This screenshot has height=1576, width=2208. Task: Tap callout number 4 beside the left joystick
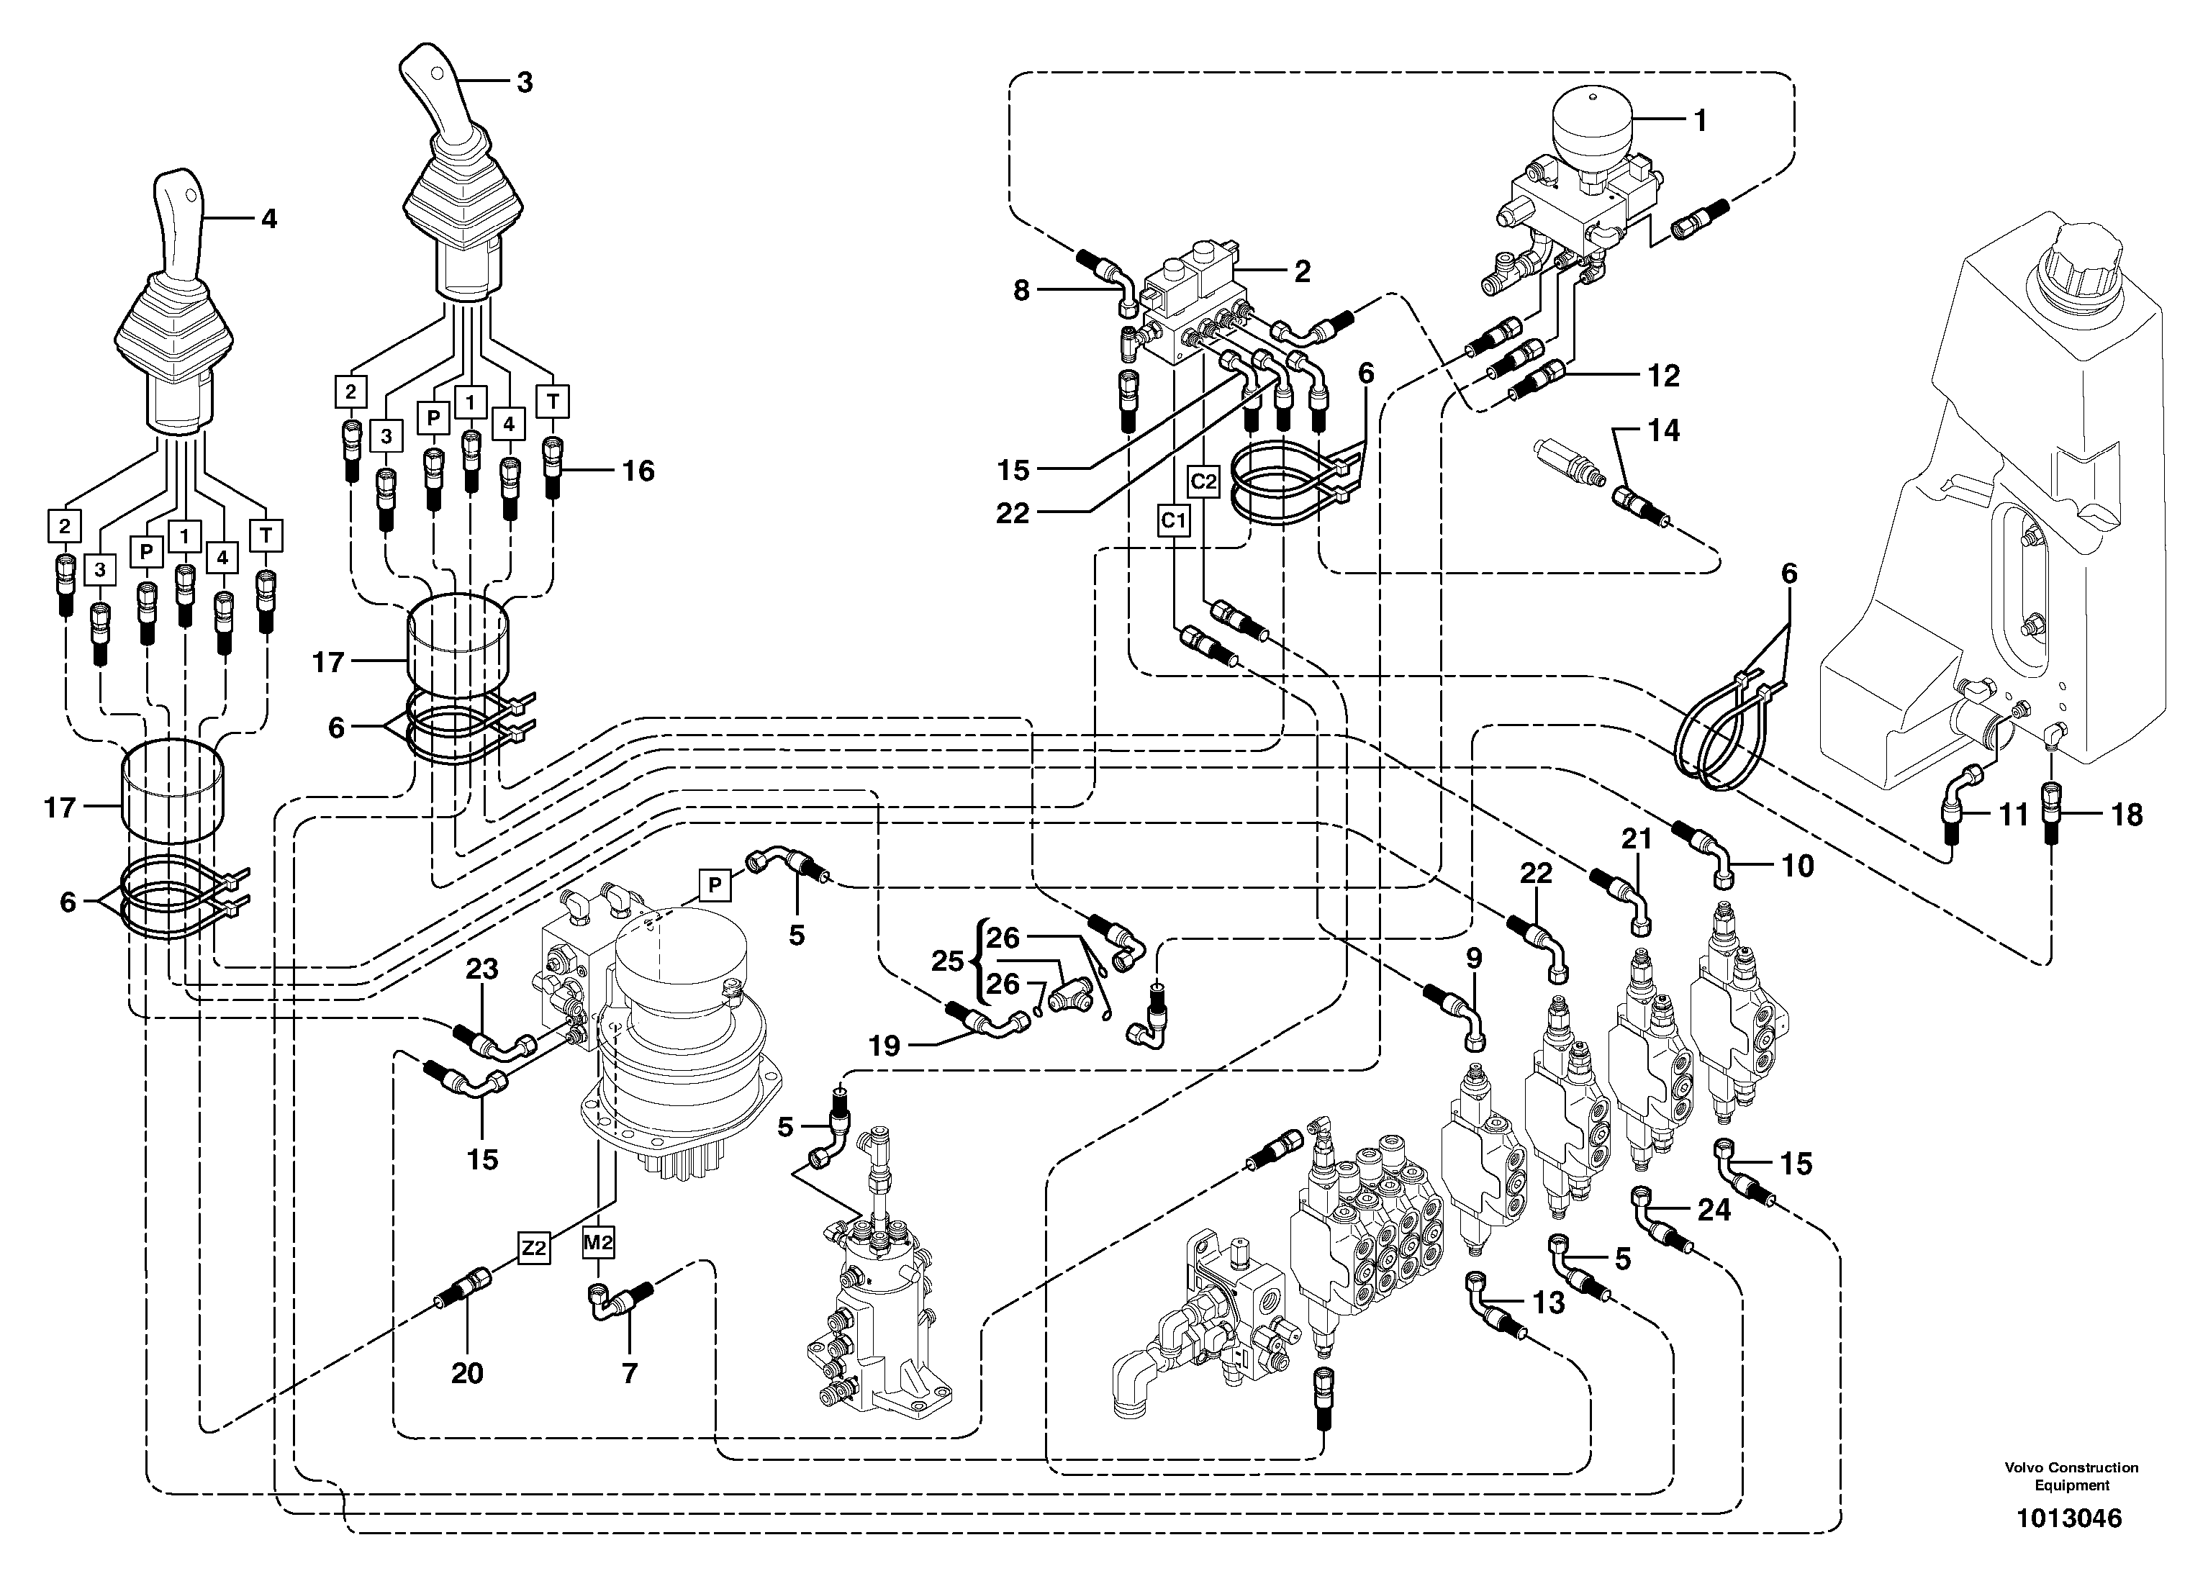point(269,219)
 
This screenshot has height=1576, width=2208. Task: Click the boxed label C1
point(1173,521)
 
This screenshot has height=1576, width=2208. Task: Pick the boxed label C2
point(1203,481)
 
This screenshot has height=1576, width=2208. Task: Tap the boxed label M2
point(599,1240)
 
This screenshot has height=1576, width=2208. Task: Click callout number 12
point(1663,376)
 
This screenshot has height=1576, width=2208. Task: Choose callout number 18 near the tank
point(2127,815)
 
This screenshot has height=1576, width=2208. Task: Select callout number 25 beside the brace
point(946,961)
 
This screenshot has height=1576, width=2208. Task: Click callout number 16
point(638,471)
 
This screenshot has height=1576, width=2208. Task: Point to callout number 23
point(481,969)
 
